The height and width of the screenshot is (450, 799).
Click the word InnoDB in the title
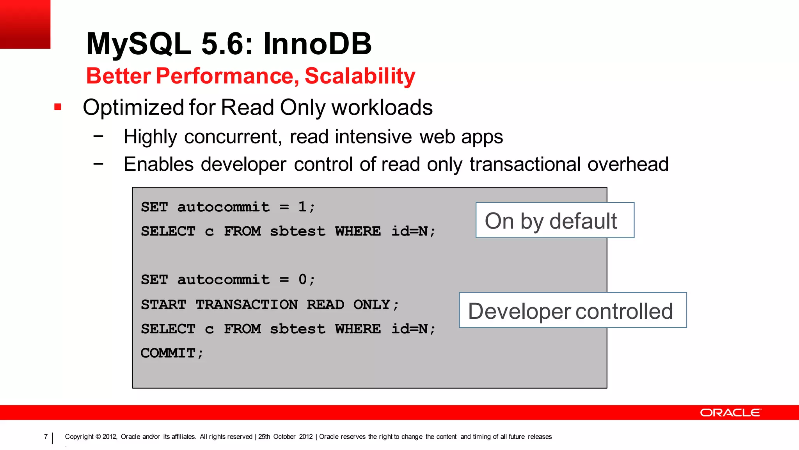[318, 43]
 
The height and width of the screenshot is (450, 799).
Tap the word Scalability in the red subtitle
[360, 76]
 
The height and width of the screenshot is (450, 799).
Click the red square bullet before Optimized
[58, 107]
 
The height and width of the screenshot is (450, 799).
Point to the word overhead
[628, 164]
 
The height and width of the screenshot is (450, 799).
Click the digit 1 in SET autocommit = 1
[302, 207]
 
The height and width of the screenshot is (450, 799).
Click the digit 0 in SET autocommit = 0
[302, 279]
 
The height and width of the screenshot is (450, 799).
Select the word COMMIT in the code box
[168, 353]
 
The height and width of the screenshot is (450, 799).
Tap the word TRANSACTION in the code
[247, 304]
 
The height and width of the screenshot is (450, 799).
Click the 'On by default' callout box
[554, 220]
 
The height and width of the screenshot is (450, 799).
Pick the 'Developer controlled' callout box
[572, 310]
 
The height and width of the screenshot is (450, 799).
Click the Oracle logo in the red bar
[730, 413]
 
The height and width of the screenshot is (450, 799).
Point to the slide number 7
[46, 436]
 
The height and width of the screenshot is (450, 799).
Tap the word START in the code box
[163, 304]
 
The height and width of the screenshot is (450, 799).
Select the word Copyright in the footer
[79, 437]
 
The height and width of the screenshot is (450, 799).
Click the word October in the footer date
[284, 437]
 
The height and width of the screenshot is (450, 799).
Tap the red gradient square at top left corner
[25, 24]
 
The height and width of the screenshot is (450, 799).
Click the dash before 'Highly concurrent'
[98, 136]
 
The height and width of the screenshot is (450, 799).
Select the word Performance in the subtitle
[227, 76]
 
